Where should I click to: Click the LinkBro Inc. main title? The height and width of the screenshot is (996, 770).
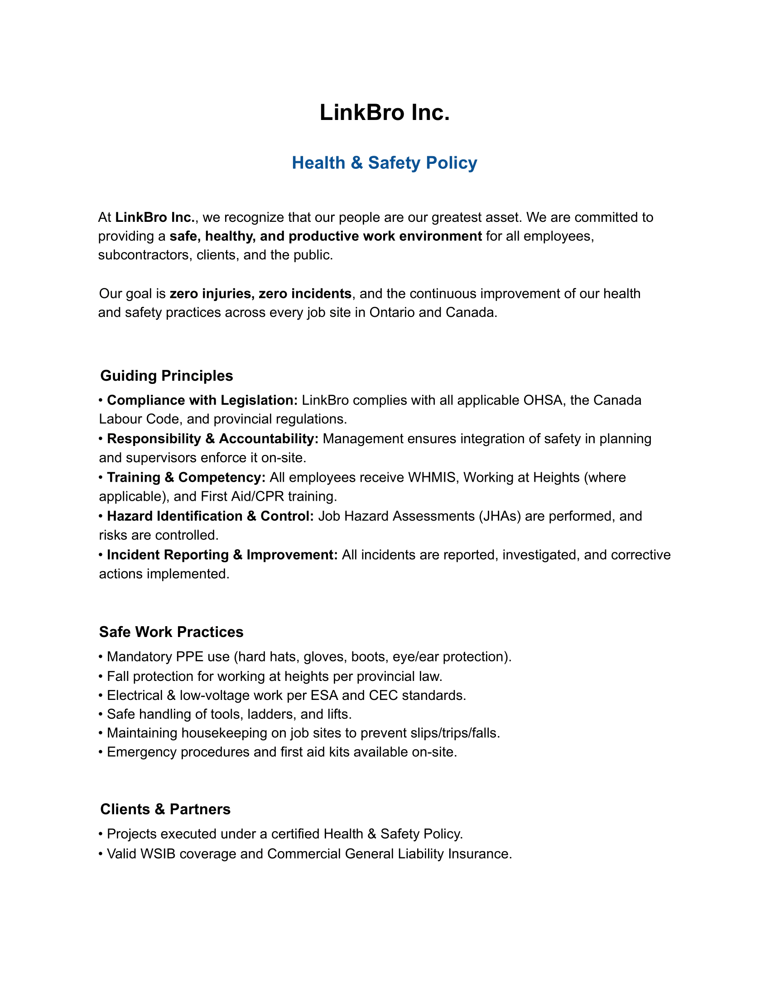pos(385,112)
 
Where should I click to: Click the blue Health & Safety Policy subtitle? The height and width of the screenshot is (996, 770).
pos(385,163)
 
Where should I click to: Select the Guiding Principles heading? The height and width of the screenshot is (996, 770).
pos(167,375)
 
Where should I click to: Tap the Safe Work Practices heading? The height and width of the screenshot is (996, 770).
pos(171,632)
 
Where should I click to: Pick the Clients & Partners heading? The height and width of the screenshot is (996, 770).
pos(165,809)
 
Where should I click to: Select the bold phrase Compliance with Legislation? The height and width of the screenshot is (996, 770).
pos(202,400)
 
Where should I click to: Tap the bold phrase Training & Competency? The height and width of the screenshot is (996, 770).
pos(186,477)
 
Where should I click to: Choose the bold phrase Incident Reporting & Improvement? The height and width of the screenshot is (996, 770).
pos(222,555)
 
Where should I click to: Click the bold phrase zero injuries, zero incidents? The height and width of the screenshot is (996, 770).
pos(260,293)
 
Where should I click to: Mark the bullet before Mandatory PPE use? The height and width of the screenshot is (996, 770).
pos(101,657)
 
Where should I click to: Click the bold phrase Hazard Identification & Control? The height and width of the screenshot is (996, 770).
pos(210,516)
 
